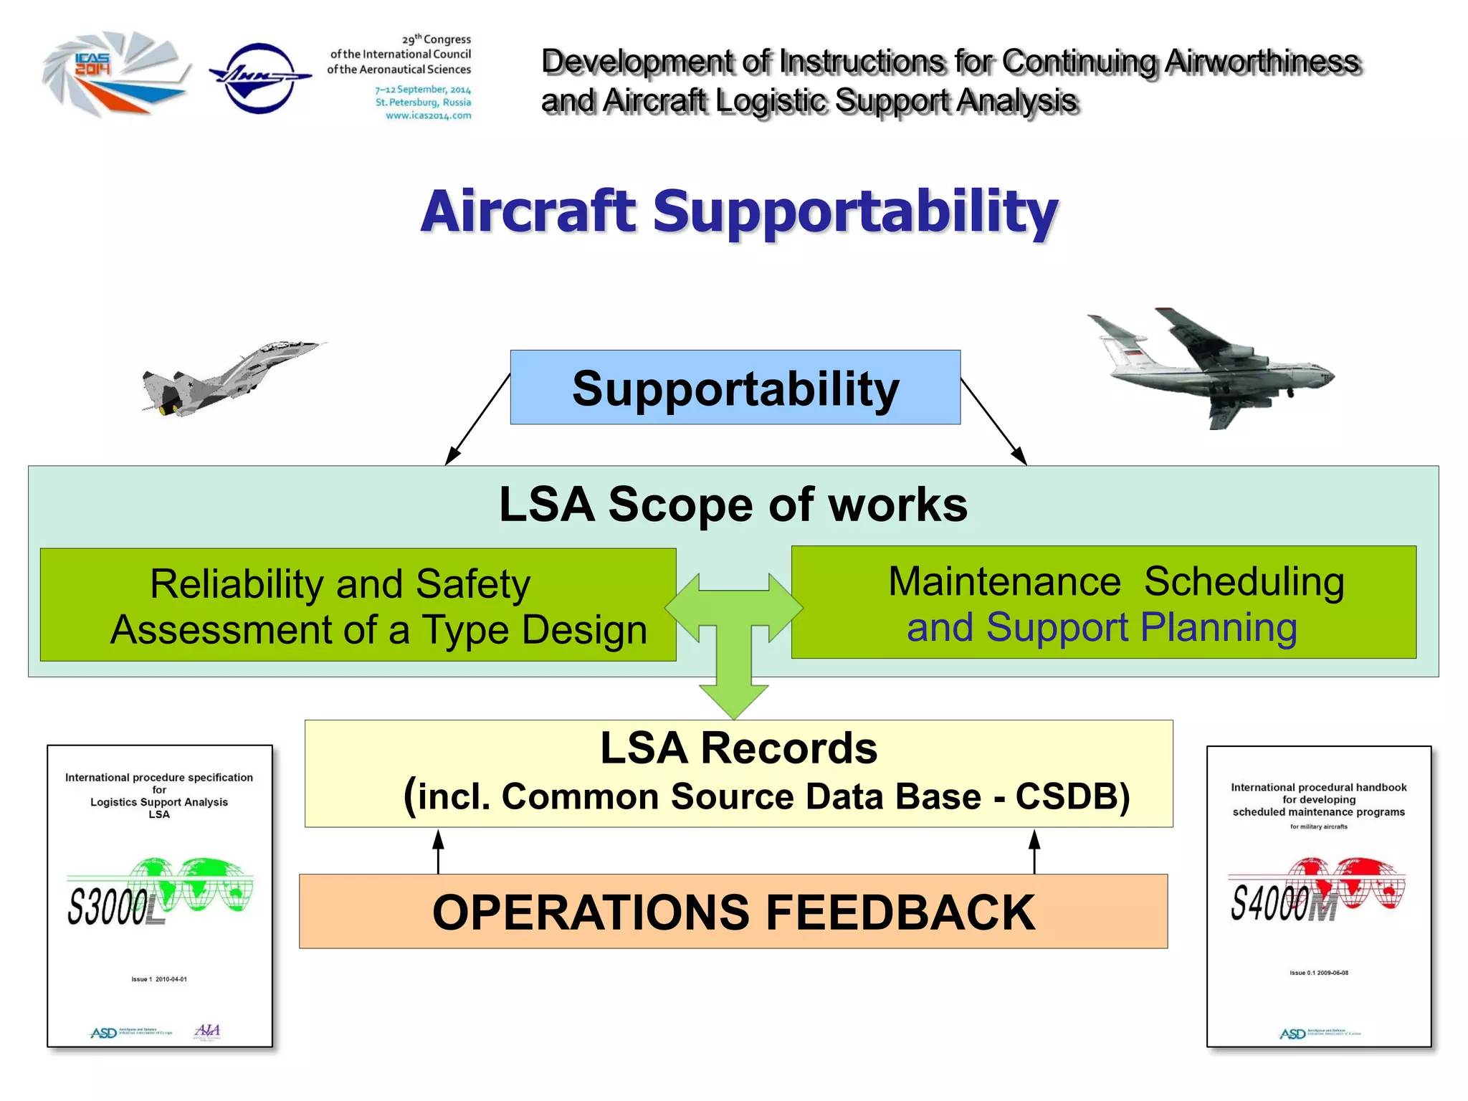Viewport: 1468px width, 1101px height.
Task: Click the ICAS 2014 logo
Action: [x=115, y=74]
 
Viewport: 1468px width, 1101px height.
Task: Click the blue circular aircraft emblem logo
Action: [x=259, y=77]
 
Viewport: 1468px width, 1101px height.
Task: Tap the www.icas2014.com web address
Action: [x=428, y=115]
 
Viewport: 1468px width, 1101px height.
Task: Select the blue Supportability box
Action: [x=735, y=388]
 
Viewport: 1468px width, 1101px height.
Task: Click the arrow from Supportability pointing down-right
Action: [x=994, y=421]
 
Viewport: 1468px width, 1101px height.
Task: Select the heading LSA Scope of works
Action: [x=733, y=505]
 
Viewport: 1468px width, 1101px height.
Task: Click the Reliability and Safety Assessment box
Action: [x=358, y=605]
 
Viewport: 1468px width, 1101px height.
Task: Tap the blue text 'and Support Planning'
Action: [x=1102, y=628]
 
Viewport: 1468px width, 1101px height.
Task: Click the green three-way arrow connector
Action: [x=733, y=631]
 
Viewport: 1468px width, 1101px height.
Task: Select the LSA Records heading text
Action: [x=738, y=748]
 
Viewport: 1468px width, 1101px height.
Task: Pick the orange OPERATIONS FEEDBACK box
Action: [x=733, y=912]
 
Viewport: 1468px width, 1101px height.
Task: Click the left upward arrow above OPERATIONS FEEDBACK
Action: [x=439, y=851]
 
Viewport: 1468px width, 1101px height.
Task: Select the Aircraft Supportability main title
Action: [x=739, y=211]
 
